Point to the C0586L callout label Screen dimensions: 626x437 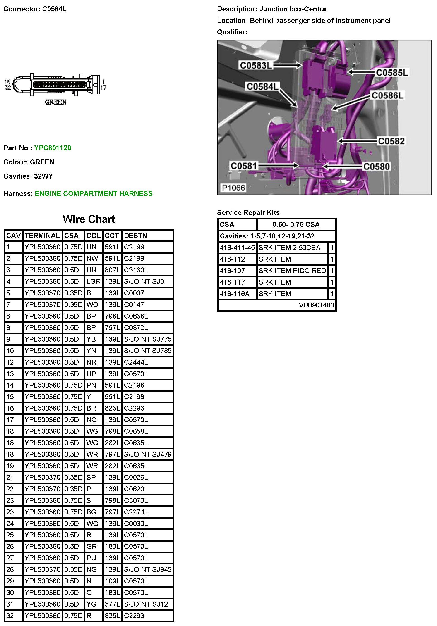tap(387, 95)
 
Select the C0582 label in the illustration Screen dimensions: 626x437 tap(391, 141)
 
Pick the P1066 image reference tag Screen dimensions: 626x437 tap(233, 188)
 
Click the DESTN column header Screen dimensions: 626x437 tap(135, 236)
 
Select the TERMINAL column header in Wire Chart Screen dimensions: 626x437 tap(42, 236)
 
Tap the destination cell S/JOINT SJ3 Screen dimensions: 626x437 tap(144, 281)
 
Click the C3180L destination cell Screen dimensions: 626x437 tap(136, 270)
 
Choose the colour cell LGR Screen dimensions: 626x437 tap(93, 281)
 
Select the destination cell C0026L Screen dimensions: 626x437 tap(136, 477)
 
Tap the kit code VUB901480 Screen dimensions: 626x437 tap(316, 305)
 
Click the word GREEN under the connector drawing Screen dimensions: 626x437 tap(55, 102)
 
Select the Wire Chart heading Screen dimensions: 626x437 tap(89, 219)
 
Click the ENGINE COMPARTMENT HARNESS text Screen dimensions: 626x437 tap(94, 194)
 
